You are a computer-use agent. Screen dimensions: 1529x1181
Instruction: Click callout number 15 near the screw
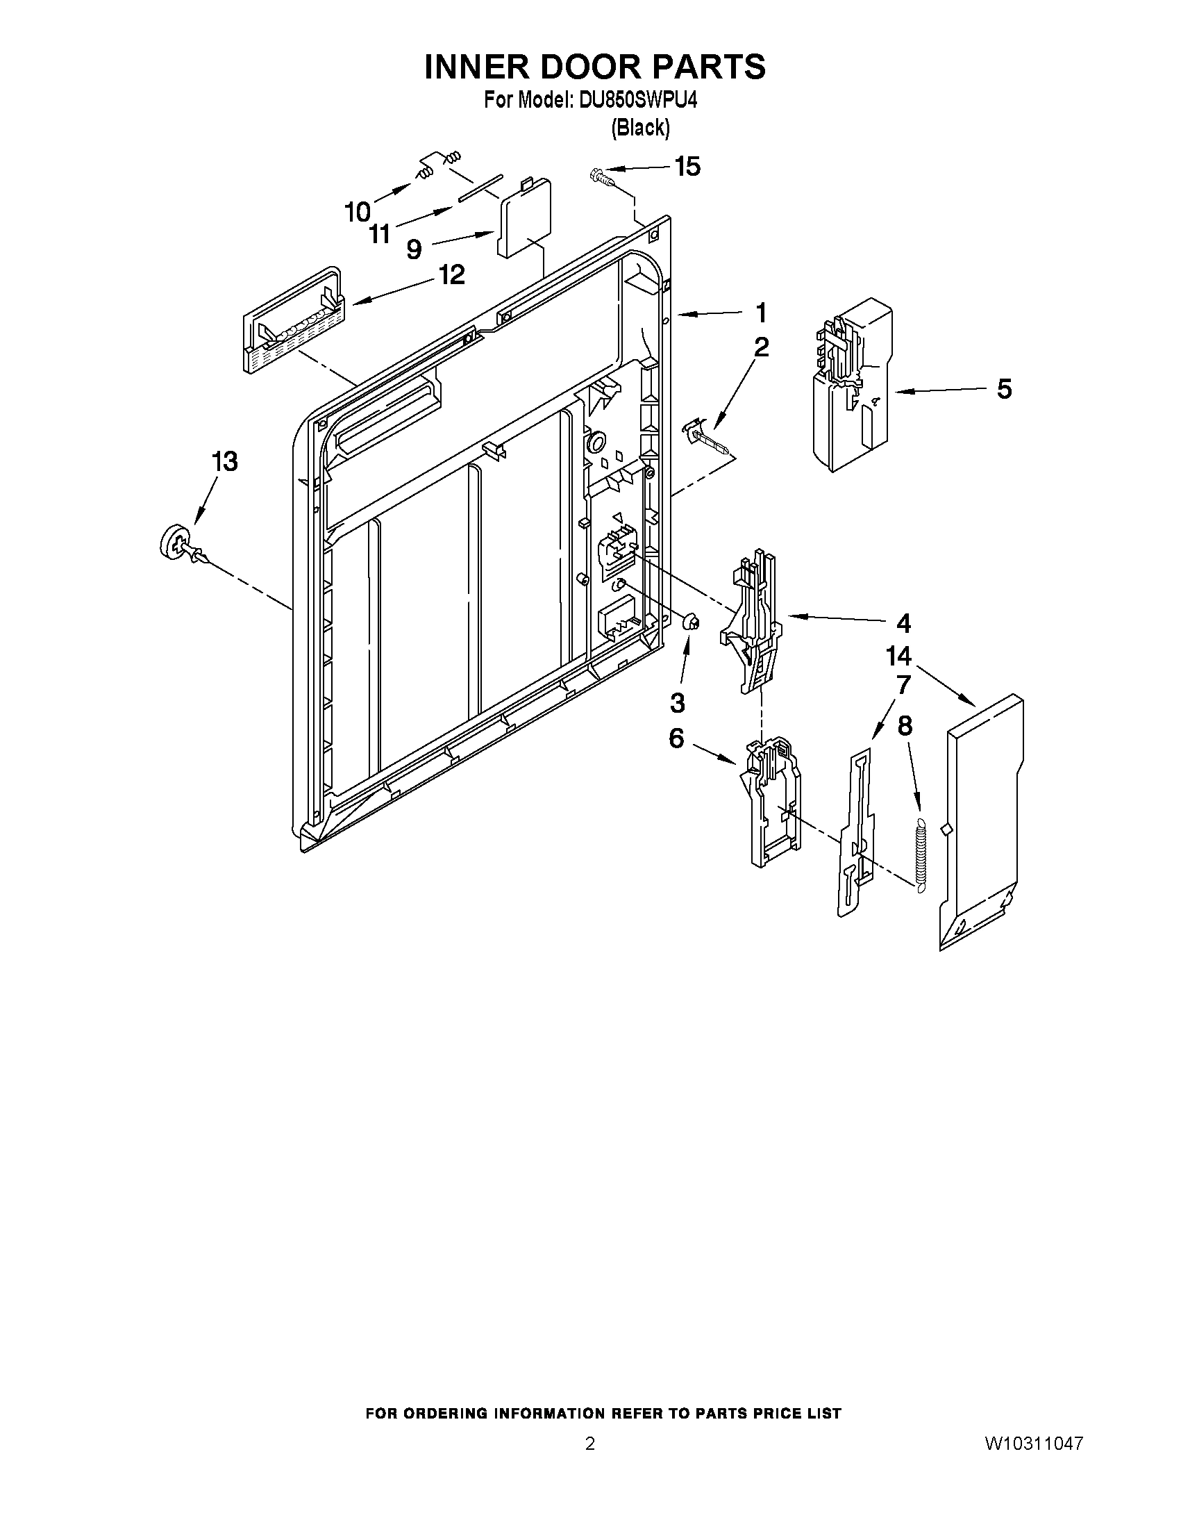pos(687,167)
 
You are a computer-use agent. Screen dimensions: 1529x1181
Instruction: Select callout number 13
pos(224,461)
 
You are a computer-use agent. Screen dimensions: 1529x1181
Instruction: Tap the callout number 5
pos(1004,389)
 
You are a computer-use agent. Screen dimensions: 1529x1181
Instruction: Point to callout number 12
pos(452,274)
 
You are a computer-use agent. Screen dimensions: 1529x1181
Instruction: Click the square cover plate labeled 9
pos(524,219)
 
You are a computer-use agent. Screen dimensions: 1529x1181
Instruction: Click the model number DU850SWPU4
pos(637,101)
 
